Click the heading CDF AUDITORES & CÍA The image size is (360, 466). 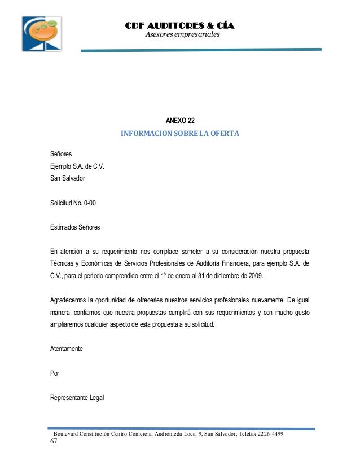tap(179, 26)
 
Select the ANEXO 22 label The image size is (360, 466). tap(180, 120)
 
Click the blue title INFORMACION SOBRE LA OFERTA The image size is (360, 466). tap(180, 134)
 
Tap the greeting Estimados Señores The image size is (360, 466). tap(75, 228)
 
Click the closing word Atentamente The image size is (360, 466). tap(67, 349)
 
